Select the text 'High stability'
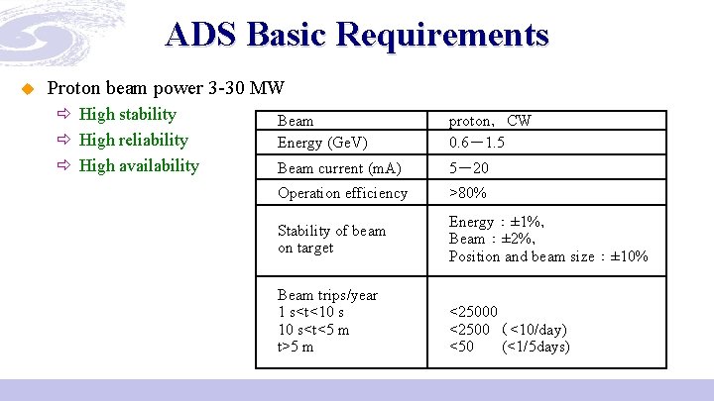click(127, 114)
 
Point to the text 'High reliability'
click(133, 140)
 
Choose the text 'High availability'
click(139, 165)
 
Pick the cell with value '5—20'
click(468, 168)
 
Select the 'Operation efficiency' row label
click(342, 193)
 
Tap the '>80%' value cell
click(467, 193)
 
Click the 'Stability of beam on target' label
click(331, 239)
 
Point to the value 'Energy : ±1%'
click(496, 222)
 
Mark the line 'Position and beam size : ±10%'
click(547, 256)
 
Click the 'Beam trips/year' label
click(327, 295)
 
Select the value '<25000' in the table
click(473, 312)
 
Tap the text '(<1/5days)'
click(535, 347)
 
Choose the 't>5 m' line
click(296, 347)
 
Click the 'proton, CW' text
click(490, 121)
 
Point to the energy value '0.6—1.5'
click(476, 143)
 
